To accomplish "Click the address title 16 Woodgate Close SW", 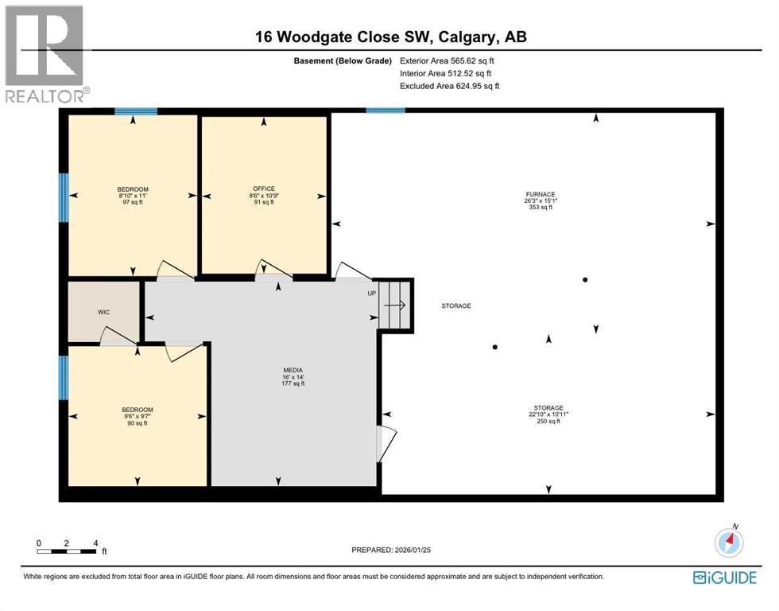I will [390, 37].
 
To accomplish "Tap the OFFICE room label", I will [263, 195].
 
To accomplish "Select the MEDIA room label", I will [293, 376].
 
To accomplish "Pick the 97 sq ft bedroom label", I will [132, 196].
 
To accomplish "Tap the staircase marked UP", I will [395, 304].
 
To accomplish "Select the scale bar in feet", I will [68, 549].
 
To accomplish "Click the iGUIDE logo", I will [724, 578].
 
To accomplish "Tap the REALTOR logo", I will [45, 54].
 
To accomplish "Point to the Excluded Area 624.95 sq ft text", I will [449, 86].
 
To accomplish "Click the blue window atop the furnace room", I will [386, 111].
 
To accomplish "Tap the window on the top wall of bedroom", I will [135, 111].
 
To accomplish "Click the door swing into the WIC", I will [118, 337].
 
